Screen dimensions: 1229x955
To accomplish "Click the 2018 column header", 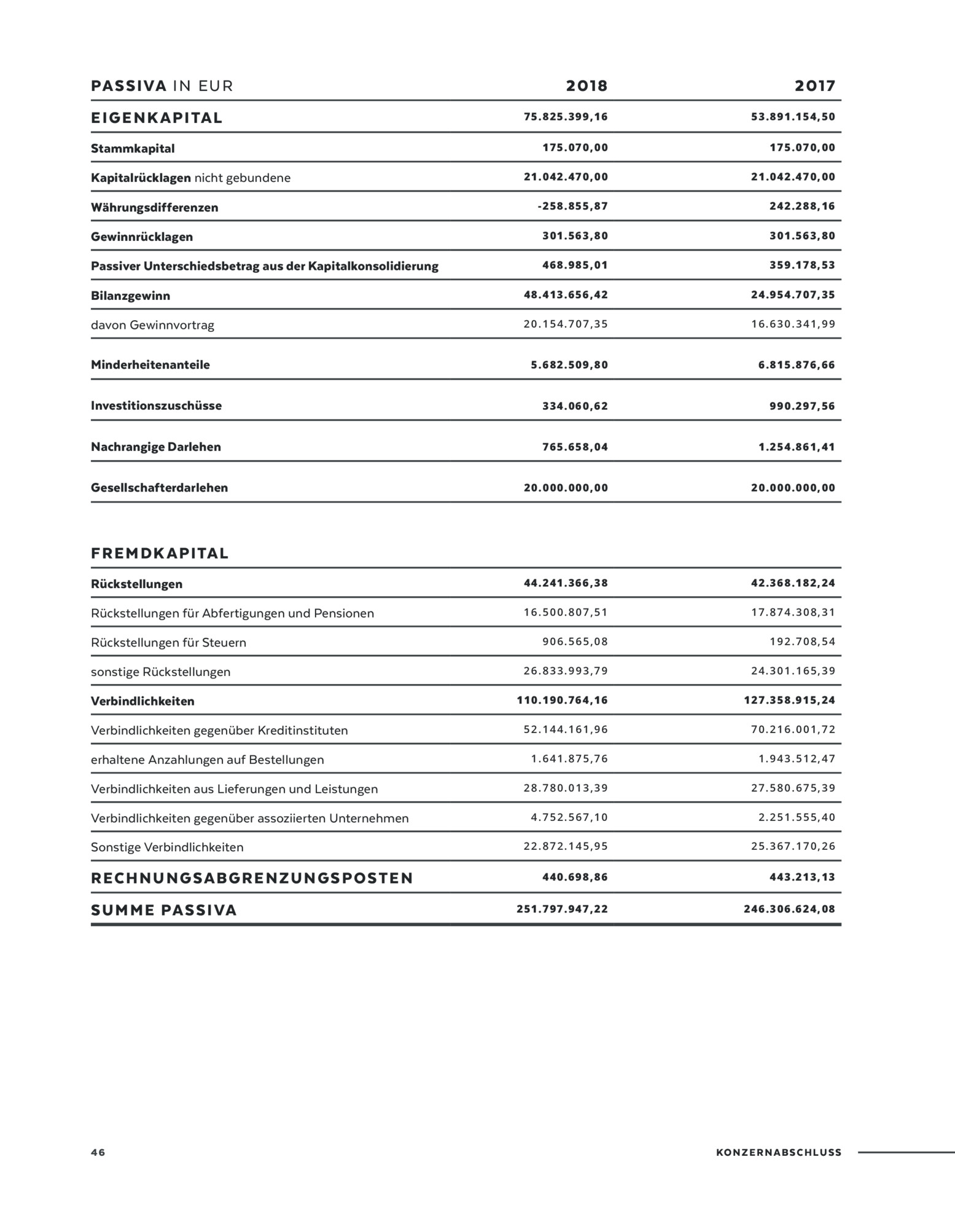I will pos(587,86).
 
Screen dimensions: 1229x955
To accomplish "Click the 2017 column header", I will pos(815,86).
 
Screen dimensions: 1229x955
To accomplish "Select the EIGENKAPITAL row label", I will pos(157,118).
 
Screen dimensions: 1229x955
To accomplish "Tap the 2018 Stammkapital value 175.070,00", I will pos(575,148).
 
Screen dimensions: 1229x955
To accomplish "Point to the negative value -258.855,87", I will pos(572,206).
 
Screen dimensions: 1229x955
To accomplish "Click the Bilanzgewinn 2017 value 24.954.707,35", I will pos(793,295).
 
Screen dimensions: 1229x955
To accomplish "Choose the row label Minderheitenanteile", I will pos(150,365).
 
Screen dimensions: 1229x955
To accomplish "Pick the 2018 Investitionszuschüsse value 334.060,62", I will pos(575,406).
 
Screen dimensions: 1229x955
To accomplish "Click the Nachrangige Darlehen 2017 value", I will pos(797,447).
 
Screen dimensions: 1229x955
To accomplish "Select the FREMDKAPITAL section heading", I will pos(160,554).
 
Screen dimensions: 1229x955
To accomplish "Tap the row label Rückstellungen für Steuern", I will pos(168,643).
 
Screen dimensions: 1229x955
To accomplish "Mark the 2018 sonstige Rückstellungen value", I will pos(566,671).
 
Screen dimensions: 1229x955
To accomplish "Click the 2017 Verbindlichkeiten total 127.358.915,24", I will pos(789,701).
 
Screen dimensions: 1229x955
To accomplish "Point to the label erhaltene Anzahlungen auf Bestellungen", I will pos(207,760).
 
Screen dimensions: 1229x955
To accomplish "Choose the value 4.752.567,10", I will pos(569,818).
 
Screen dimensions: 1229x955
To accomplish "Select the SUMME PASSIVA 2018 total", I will pos(562,909).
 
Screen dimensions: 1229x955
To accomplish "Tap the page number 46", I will pos(98,1152).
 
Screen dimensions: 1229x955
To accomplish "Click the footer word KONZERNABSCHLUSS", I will pos(778,1153).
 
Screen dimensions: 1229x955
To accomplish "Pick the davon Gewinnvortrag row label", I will pos(152,325).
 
